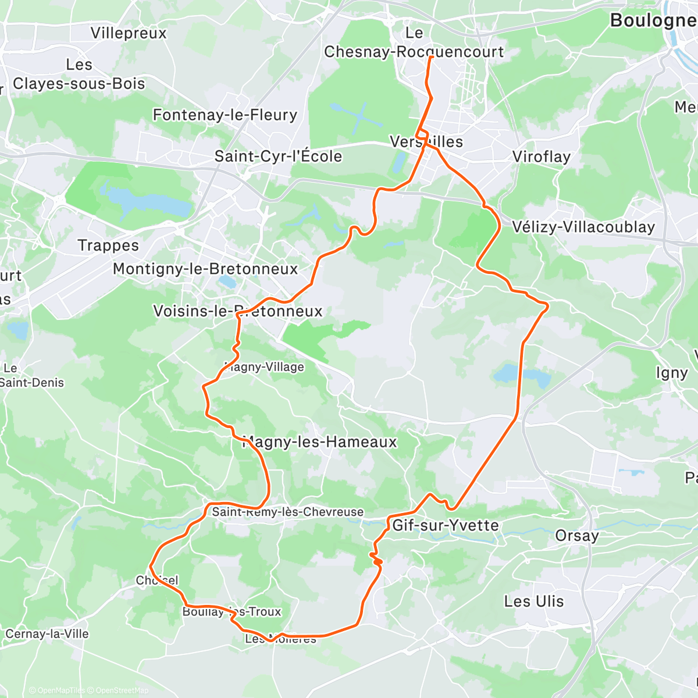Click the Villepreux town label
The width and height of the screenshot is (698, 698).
pyautogui.click(x=129, y=33)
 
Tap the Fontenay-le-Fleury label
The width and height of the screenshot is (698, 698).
pyautogui.click(x=225, y=115)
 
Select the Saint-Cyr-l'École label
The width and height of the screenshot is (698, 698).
pyautogui.click(x=278, y=156)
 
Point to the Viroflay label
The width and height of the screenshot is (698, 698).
pyautogui.click(x=541, y=157)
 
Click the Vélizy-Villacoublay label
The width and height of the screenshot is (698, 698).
pyautogui.click(x=583, y=227)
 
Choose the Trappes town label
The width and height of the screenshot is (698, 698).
pyautogui.click(x=109, y=245)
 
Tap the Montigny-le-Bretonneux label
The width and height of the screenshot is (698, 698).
pyautogui.click(x=205, y=269)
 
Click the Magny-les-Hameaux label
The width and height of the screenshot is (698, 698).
pyautogui.click(x=319, y=442)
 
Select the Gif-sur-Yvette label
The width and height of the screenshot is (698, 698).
pyautogui.click(x=446, y=526)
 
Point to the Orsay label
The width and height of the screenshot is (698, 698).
pyautogui.click(x=577, y=536)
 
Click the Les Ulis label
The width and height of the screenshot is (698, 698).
pyautogui.click(x=534, y=601)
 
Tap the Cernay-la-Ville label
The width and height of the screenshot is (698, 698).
pyautogui.click(x=47, y=633)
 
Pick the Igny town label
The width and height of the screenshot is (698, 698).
pyautogui.click(x=672, y=373)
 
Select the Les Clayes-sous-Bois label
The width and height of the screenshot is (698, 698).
pyautogui.click(x=79, y=74)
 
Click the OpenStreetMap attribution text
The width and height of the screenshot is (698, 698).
pyautogui.click(x=122, y=690)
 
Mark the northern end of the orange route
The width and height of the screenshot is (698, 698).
pyautogui.click(x=431, y=57)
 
